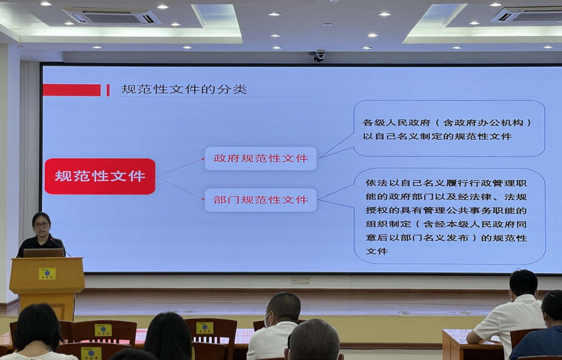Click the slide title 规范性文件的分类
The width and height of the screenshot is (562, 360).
184,89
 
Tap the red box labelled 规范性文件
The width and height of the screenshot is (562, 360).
100,176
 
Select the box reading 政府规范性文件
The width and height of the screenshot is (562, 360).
261,158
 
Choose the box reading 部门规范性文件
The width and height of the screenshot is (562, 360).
261,200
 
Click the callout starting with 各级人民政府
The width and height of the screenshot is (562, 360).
449,129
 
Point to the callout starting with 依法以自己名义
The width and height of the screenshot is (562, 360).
450,216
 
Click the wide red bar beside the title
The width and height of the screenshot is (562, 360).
72,90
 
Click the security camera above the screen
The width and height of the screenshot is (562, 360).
318,55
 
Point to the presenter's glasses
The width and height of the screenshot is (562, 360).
41,225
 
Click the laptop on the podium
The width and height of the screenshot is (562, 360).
43,253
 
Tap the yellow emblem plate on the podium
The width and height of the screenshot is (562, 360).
47,274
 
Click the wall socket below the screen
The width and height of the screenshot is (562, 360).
300,281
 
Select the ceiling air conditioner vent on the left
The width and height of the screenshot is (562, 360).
111,16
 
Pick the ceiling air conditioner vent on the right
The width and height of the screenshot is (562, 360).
526,15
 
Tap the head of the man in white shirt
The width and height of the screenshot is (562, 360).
523,282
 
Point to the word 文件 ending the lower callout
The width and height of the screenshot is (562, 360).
377,251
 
